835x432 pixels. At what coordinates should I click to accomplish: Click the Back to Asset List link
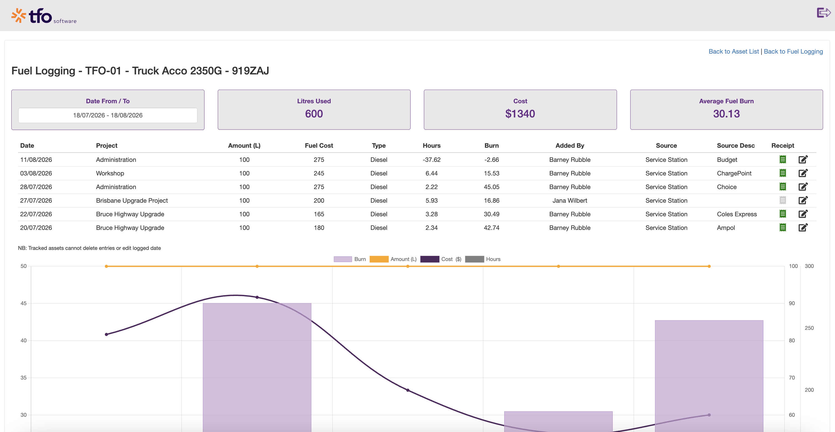click(x=733, y=51)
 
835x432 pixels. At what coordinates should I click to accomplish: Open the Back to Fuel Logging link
click(x=793, y=51)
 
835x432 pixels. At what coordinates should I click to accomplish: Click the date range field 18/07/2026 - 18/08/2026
click(x=108, y=115)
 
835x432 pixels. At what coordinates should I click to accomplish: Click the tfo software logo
click(x=44, y=16)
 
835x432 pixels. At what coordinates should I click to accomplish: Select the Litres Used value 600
click(x=314, y=114)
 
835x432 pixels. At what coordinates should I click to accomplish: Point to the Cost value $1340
click(x=520, y=114)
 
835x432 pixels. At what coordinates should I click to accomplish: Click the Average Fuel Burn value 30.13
click(x=727, y=114)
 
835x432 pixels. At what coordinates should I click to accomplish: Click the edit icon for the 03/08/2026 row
click(x=803, y=173)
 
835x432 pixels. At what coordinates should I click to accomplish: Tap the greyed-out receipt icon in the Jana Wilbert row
click(x=783, y=200)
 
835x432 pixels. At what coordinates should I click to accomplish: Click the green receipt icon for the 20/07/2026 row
click(x=783, y=227)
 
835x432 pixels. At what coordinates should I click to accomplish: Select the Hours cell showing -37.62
click(x=431, y=160)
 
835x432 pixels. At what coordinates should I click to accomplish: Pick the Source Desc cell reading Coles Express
click(x=737, y=214)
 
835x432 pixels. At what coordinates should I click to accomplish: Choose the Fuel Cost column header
click(x=319, y=146)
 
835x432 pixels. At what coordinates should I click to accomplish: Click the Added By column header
click(x=570, y=146)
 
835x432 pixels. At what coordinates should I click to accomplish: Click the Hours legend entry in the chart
click(x=483, y=259)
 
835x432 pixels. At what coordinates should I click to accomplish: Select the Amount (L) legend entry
click(x=393, y=259)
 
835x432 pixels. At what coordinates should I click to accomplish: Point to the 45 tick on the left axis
click(x=23, y=303)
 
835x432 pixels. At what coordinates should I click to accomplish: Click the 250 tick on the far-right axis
click(x=809, y=328)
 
